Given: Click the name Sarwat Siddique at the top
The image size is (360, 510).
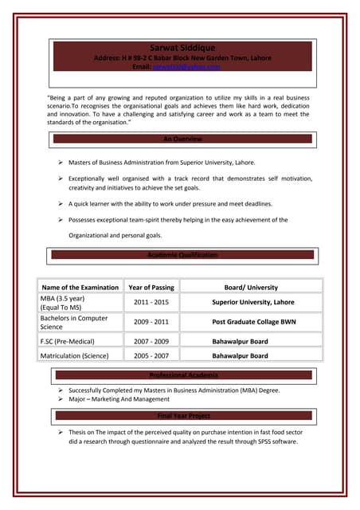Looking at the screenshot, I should [x=182, y=48].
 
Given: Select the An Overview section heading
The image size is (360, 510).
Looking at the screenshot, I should [x=182, y=139].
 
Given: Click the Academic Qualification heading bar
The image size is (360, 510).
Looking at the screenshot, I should [x=182, y=254].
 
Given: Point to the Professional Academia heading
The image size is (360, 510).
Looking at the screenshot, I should [x=182, y=375].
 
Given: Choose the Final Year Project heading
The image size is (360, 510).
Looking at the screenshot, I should [x=183, y=416].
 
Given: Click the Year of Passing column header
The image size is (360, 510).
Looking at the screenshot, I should [x=151, y=287].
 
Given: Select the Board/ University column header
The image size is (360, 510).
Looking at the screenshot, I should [x=251, y=287].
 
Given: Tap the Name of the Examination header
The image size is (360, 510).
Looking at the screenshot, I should [x=80, y=287].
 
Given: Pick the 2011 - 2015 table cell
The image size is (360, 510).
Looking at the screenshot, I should [x=151, y=303].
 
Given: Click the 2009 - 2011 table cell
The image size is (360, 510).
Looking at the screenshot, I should [x=151, y=322].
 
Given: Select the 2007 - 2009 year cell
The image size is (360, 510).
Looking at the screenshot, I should [x=151, y=341].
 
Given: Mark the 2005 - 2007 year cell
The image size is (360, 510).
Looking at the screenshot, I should [x=151, y=356].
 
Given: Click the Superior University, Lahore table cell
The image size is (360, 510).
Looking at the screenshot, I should [x=252, y=303].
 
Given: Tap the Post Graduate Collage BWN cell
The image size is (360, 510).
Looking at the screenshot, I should [x=252, y=322].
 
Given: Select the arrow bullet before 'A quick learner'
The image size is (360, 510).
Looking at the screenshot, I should [x=61, y=203].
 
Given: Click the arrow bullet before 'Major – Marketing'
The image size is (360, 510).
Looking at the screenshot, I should [x=61, y=399].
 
